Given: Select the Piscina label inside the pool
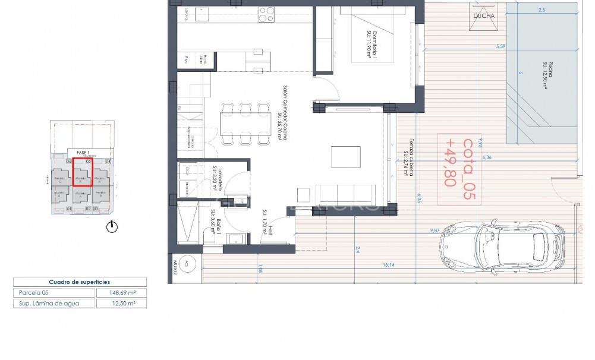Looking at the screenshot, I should pos(544,75).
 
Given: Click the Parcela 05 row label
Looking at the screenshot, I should pos(30,293).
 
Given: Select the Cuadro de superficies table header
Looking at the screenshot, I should pos(80,282).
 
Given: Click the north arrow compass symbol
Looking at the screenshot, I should pos(112,226).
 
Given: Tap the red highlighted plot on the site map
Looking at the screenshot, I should pos(82,172).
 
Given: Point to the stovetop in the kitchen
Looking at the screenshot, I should pos(266,14).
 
